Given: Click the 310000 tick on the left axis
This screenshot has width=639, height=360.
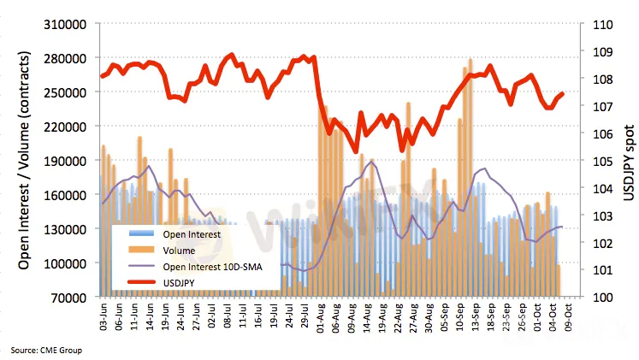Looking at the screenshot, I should [x=67, y=24].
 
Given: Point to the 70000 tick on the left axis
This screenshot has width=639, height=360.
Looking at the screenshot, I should [x=70, y=297].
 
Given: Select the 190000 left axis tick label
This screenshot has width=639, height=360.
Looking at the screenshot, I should [x=67, y=161].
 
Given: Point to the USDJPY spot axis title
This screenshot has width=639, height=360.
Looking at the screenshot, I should [x=628, y=160].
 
